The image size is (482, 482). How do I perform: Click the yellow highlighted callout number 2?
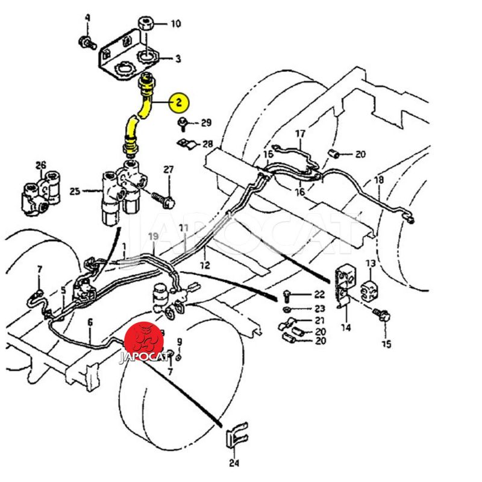pos(179,103)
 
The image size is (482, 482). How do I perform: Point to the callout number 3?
pos(178,59)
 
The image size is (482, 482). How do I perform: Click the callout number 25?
pos(75,192)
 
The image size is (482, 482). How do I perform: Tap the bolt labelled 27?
pos(163,196)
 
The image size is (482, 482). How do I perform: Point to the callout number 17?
pos(300,133)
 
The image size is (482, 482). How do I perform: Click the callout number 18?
pos(378,180)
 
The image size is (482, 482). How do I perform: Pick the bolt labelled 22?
pos(288,296)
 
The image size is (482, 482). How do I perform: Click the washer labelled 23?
pos(289,308)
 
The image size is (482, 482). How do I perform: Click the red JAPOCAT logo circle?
pos(143,340)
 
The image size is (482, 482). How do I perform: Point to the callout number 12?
pos(205,265)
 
